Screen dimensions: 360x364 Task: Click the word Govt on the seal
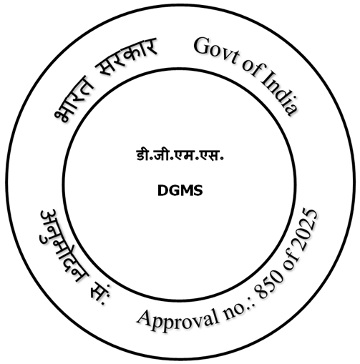217,51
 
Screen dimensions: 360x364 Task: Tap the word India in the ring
279,94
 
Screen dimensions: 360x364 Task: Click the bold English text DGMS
180,191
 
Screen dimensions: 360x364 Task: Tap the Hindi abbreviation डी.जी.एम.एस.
180,155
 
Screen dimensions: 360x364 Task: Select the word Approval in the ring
178,320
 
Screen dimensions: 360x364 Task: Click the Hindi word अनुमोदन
63,245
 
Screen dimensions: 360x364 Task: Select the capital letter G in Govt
203,46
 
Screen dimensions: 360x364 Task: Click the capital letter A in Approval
146,318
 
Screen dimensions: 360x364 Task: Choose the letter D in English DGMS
162,191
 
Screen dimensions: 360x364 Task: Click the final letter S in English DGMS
198,191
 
